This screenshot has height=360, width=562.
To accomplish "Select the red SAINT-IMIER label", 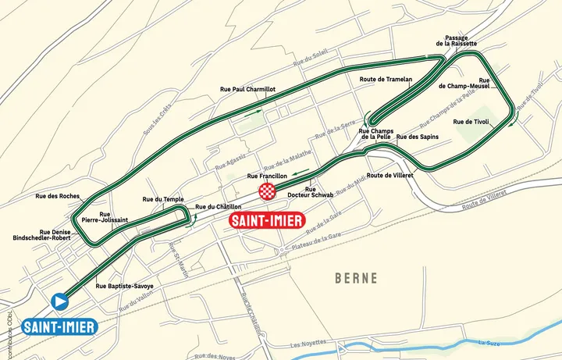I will click(266, 220).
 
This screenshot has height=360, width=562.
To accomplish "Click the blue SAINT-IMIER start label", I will click(59, 326).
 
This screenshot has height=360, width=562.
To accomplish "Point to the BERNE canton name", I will click(356, 278).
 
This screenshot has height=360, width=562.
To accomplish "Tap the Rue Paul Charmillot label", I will click(248, 90).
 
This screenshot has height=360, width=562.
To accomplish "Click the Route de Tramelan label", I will click(386, 80).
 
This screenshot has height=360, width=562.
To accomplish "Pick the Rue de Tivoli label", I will click(471, 122).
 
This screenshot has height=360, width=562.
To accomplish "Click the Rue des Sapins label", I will click(418, 137).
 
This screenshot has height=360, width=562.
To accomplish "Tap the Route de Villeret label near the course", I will click(389, 176).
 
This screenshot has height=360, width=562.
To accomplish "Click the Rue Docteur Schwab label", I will click(310, 191).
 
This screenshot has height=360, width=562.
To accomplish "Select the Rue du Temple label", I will click(163, 199).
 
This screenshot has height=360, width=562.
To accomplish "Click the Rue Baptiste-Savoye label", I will click(124, 286).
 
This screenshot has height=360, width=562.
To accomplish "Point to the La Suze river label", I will click(489, 342).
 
